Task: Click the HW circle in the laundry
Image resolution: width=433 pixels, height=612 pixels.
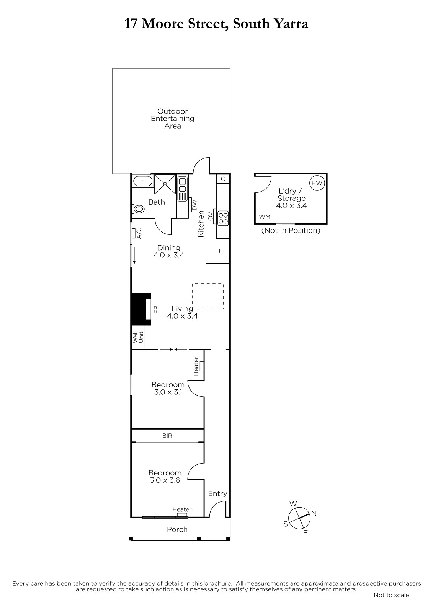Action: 317,183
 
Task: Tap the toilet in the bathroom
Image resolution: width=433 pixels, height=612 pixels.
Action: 139,209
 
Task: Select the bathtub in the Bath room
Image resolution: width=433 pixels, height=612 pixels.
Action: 142,181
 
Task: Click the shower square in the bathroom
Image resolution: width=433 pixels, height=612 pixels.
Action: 165,184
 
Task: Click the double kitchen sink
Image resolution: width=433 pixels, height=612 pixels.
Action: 182,189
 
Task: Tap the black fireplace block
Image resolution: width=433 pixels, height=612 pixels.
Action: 141,309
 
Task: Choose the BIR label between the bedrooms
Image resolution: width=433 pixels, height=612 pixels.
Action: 167,436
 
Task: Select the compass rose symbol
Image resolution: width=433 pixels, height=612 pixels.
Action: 299,518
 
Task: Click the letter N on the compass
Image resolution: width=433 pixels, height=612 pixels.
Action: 314,514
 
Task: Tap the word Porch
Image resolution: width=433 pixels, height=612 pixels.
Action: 177,529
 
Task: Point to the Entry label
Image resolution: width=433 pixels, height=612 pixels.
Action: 217,493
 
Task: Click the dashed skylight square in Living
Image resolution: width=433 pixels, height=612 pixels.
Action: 208,296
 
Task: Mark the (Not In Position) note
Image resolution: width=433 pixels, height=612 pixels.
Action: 291,230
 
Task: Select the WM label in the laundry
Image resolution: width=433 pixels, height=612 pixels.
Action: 265,216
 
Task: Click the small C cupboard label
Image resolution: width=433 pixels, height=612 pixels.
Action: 223,179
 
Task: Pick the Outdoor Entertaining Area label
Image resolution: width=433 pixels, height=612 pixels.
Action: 173,119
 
